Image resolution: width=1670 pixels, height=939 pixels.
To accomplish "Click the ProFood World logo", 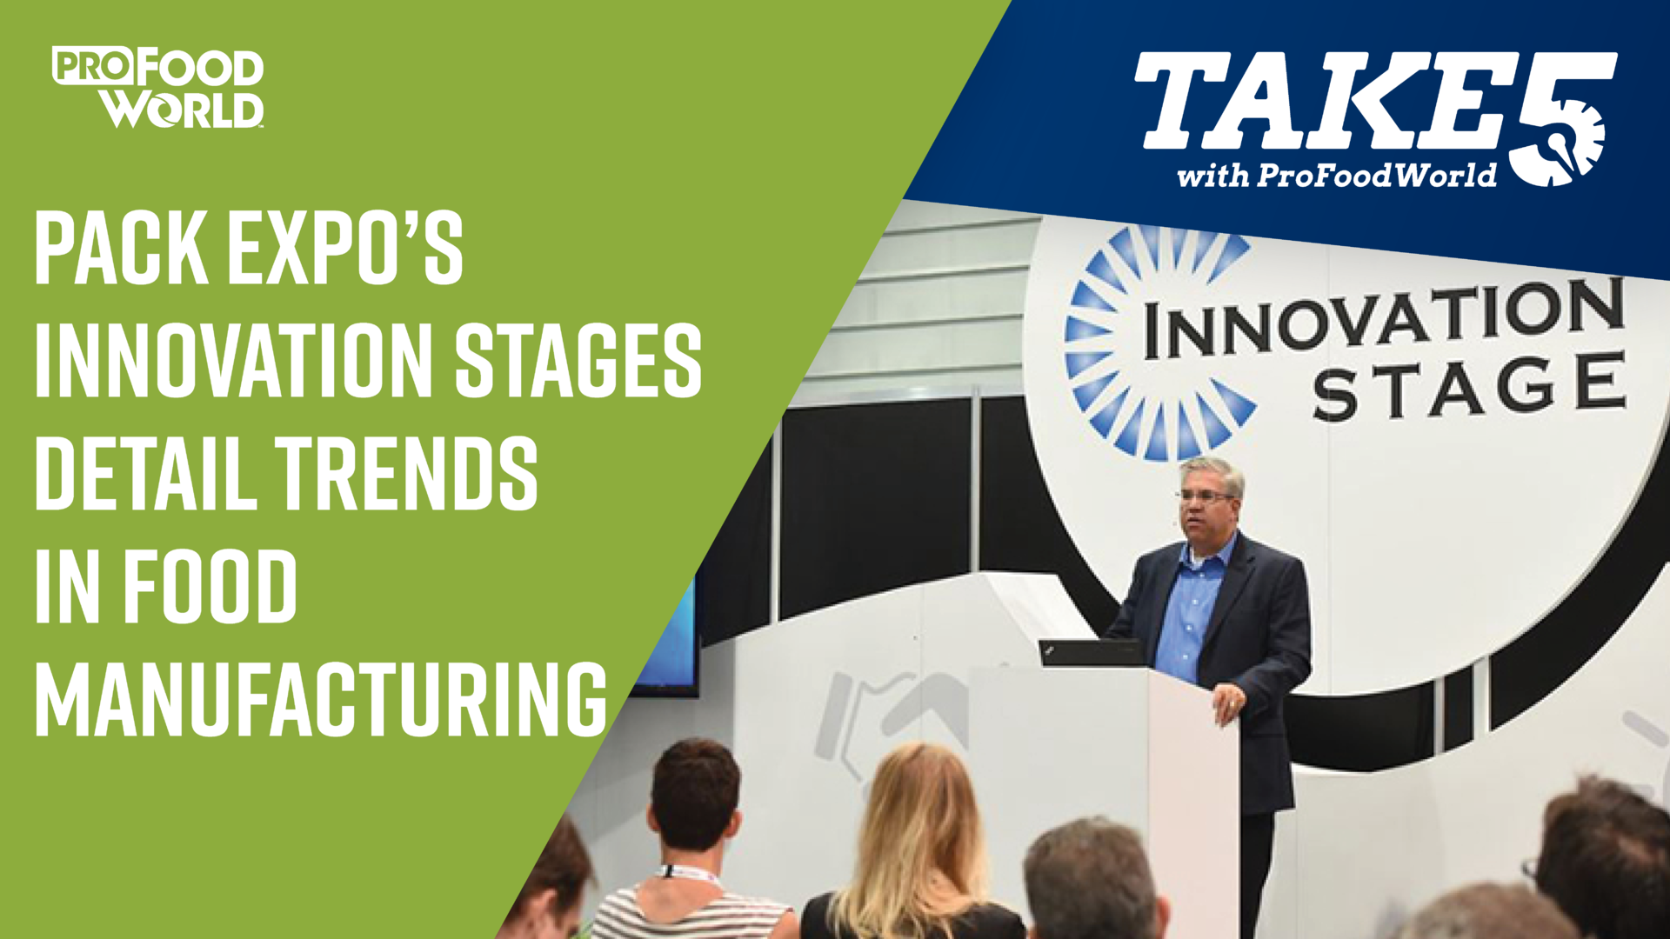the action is [x=157, y=87].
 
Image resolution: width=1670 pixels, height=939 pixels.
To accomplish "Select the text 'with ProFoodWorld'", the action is [x=1337, y=176].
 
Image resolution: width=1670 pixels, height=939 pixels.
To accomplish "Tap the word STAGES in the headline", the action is [x=578, y=361].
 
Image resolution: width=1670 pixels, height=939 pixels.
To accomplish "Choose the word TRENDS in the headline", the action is [x=407, y=473].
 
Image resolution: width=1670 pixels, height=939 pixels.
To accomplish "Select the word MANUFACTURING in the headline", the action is [x=321, y=698].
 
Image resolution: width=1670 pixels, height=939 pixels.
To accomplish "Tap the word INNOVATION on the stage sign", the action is [x=1383, y=318].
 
